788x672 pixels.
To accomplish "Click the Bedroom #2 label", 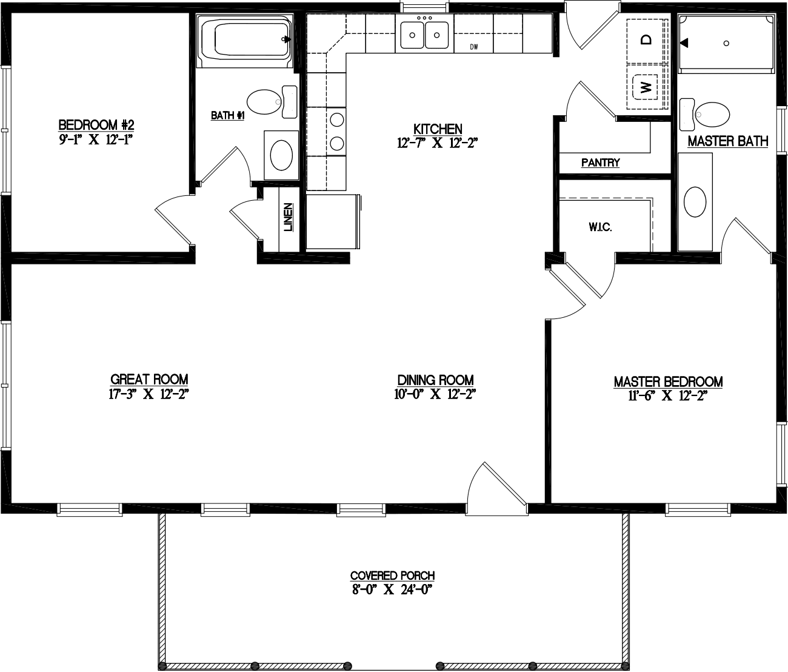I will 96,125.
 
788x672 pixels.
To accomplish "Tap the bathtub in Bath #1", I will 245,41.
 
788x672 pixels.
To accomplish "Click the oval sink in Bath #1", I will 281,155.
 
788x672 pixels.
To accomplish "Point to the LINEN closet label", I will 289,217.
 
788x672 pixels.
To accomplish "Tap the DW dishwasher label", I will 475,47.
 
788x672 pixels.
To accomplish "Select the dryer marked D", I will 646,39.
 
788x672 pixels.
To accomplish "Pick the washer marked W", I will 646,87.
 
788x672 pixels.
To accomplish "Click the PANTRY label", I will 600,163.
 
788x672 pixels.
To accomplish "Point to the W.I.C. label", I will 600,227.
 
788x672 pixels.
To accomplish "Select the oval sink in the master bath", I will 695,201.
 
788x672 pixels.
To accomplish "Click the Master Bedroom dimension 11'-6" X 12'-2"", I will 668,395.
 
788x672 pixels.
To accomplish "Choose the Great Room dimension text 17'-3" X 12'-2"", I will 149,393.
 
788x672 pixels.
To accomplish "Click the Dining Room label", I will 435,380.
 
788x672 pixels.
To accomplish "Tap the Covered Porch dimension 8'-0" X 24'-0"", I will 393,589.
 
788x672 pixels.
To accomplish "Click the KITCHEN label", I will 438,129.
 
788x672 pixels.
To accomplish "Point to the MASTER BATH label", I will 727,141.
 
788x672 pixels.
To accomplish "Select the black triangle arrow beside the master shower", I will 684,43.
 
